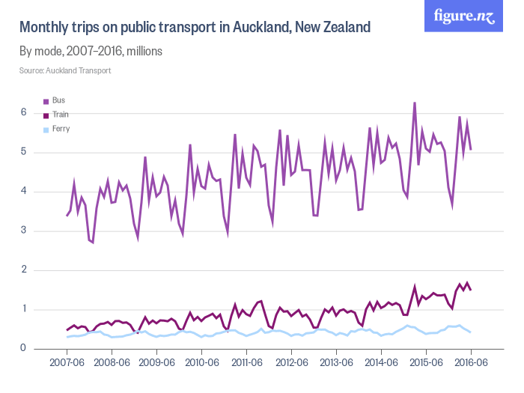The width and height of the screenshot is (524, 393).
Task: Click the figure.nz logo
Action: click(464, 16)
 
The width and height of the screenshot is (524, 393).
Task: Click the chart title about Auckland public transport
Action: click(195, 28)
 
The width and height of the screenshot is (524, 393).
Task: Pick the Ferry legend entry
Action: click(61, 129)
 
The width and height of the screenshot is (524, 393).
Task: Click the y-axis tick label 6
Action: click(23, 112)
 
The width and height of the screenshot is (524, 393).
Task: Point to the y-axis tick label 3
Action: click(23, 231)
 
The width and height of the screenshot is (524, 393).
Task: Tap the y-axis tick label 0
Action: click(23, 348)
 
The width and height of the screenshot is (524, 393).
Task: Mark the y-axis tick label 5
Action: click(23, 152)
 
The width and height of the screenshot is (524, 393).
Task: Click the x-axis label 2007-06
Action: click(67, 362)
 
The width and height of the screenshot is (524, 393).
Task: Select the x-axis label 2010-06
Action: click(201, 362)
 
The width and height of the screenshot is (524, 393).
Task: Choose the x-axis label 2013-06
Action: click(336, 362)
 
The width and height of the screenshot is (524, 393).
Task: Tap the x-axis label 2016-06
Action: click(471, 362)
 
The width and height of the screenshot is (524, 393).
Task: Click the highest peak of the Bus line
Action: click(415, 103)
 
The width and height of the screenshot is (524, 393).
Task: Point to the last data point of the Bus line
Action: click(471, 150)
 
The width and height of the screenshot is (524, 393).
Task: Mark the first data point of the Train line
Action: click(67, 330)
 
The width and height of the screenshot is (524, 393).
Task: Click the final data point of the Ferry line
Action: click(471, 332)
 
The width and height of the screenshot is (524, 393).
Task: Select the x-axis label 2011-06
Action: click(246, 362)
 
